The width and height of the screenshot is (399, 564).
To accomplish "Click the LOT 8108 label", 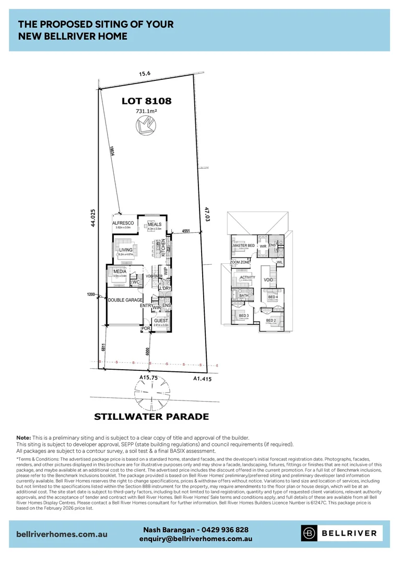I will [146, 101].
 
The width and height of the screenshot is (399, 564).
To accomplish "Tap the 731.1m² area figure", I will [146, 111].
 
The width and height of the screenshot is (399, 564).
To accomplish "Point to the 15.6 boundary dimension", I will [145, 74].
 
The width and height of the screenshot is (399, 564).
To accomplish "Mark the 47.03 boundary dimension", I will [207, 216].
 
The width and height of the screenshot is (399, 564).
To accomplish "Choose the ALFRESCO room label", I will [124, 223].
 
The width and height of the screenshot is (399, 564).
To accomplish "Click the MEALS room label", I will [155, 224].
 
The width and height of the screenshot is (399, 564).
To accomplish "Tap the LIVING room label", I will [126, 250].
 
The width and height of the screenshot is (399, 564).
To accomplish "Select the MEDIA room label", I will [120, 271].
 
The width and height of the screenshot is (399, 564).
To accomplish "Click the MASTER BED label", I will [244, 245].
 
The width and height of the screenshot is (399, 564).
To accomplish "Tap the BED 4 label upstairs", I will [273, 297].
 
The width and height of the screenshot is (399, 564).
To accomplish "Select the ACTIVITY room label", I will [248, 277].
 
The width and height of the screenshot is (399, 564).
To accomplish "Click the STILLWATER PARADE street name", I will [151, 417].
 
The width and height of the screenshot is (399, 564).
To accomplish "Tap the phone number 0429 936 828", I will [225, 530].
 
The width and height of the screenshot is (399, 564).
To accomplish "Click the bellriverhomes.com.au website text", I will [62, 534].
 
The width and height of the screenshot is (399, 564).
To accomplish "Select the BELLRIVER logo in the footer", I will [341, 533].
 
